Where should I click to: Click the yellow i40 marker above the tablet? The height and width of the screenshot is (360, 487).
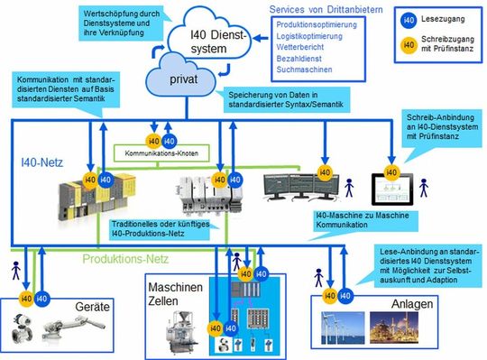[x=391, y=171]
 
